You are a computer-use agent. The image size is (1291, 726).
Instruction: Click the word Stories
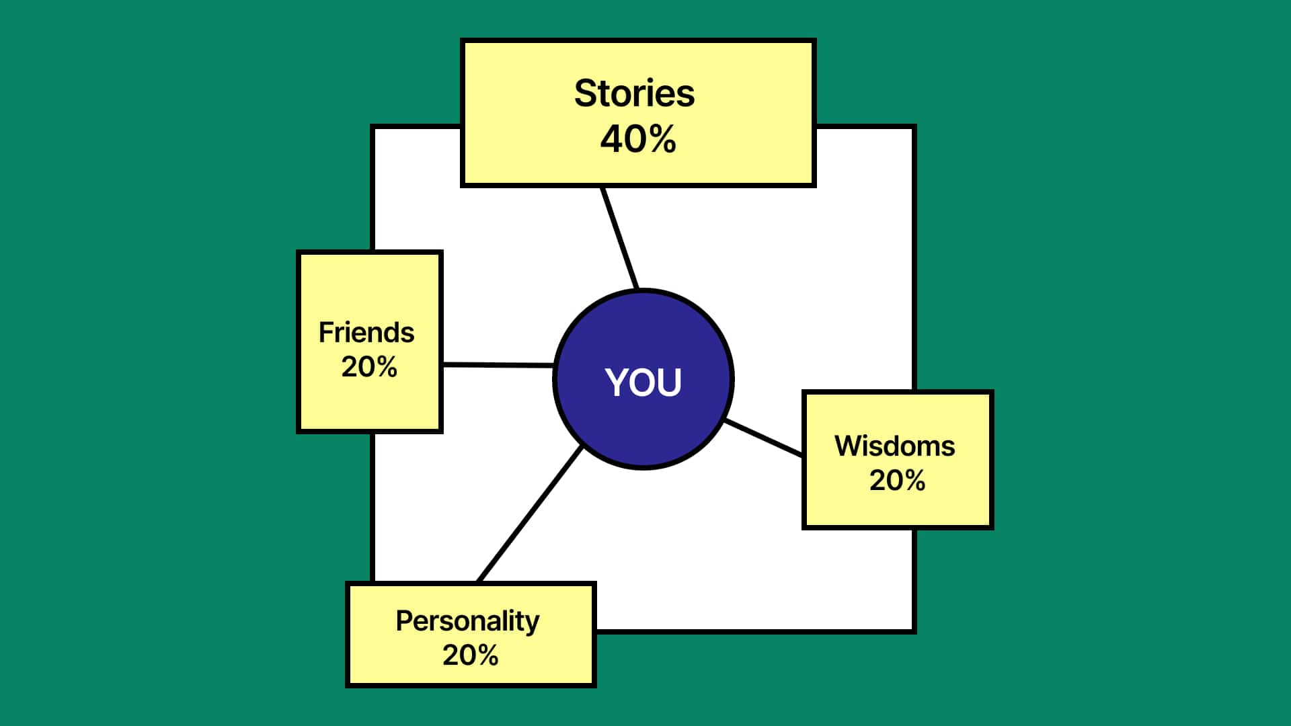tap(634, 93)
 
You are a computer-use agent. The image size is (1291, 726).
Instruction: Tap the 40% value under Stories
tap(638, 139)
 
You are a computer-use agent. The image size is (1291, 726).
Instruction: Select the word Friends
tap(366, 332)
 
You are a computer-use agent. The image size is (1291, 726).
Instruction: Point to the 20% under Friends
tap(369, 367)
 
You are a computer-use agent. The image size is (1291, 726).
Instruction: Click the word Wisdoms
tap(894, 446)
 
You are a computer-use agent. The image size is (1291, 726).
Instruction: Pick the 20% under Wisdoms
tap(897, 481)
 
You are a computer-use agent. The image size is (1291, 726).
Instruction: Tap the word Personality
tap(467, 621)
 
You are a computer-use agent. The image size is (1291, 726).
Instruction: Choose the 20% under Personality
tap(470, 655)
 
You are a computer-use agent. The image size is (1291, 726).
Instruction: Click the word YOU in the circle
tap(643, 382)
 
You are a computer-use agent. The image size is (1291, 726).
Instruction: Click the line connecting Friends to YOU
tap(498, 364)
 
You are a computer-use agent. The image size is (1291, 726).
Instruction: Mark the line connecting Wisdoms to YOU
tap(764, 438)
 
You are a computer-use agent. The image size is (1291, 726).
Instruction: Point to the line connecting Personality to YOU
tap(529, 514)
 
